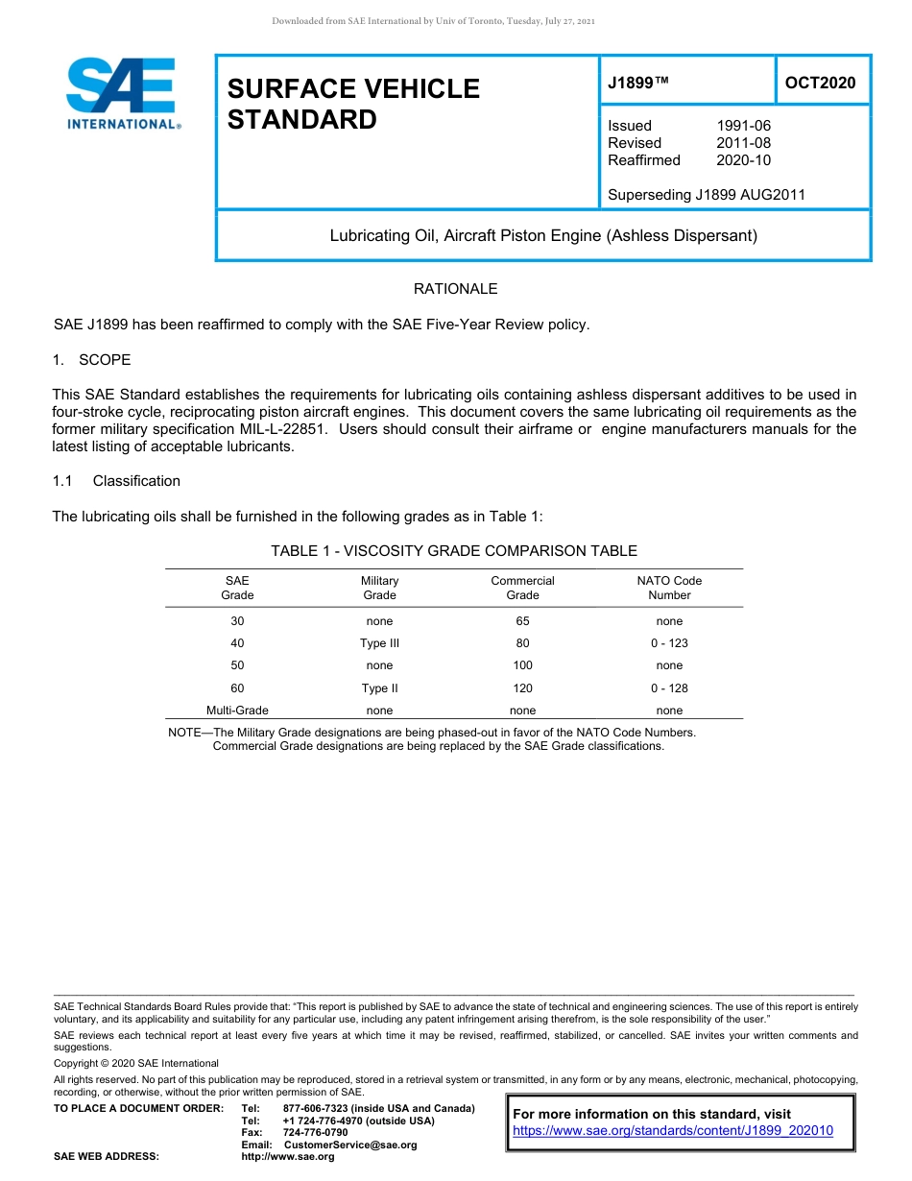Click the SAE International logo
coord(122,93)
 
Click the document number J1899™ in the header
coord(637,83)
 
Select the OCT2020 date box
coord(820,83)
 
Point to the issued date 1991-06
coord(743,126)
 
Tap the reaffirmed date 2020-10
coord(743,160)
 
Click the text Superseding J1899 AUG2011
coord(707,195)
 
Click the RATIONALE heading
coord(455,289)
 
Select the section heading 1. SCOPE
coord(91,360)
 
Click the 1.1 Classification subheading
coord(116,481)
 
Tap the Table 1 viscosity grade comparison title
coord(454,551)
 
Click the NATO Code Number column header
coord(669,588)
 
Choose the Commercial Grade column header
coord(522,588)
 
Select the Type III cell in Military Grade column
coord(379,643)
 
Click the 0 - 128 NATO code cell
coord(669,688)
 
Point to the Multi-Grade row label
coord(237,711)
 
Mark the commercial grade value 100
coord(522,665)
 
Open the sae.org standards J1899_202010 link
coord(673,1131)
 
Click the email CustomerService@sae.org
coord(350,1145)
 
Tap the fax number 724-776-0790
coord(316,1133)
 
